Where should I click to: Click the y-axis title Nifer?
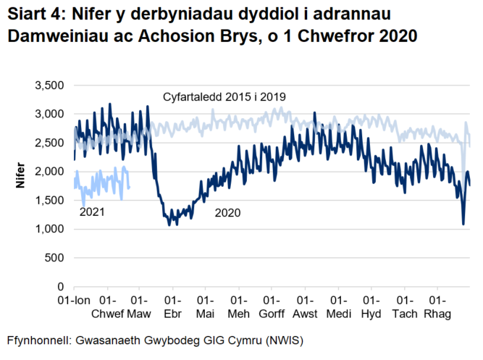click(22, 185)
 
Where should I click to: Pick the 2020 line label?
click(227, 214)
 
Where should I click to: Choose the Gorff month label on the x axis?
click(272, 314)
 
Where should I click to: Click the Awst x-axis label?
click(306, 314)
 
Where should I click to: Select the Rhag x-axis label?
click(437, 314)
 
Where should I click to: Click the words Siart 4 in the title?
click(35, 15)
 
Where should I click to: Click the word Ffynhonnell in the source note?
click(41, 340)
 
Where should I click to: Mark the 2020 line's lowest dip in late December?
click(463, 224)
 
